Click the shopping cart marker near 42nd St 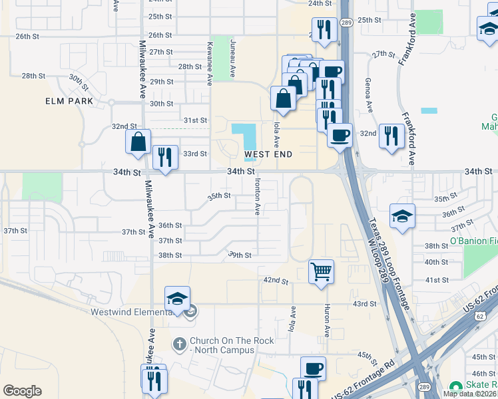point(322,271)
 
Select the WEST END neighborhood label point(269,154)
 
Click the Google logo point(22,391)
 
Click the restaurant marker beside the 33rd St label point(165,158)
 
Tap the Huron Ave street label point(327,321)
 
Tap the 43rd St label point(364,304)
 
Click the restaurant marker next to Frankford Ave point(391,136)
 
